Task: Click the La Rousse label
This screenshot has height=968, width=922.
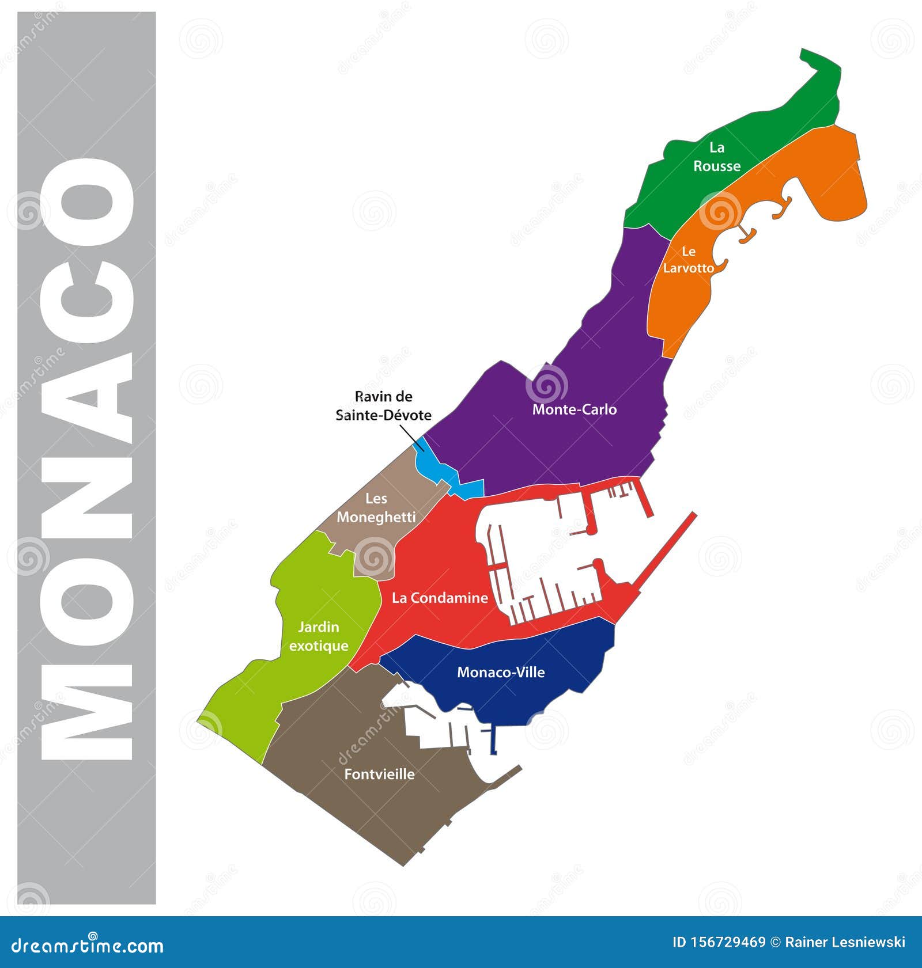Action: (x=716, y=157)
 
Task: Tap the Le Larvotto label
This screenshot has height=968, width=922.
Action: (x=688, y=260)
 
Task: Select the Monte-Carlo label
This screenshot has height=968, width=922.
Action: (x=574, y=409)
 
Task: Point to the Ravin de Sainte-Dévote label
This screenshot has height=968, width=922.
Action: (x=383, y=406)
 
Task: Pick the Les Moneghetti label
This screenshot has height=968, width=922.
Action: (x=376, y=508)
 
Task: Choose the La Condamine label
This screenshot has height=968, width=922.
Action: (x=440, y=598)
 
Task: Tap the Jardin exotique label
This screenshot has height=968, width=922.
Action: (x=319, y=636)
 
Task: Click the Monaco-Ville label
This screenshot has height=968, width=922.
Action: (x=500, y=672)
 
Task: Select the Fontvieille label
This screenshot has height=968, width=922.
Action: (x=379, y=774)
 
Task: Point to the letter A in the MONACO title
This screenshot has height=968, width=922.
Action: (x=86, y=397)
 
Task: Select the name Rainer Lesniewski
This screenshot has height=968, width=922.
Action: (x=845, y=942)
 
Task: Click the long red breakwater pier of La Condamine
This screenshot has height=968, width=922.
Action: (x=668, y=553)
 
